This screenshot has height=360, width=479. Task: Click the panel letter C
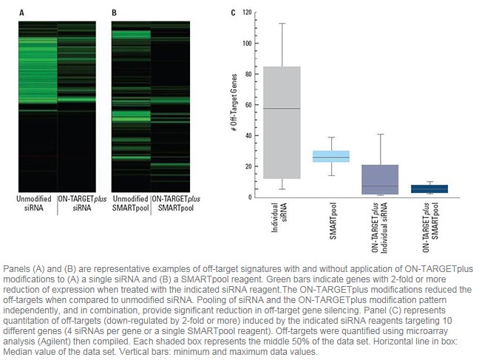tap(234, 13)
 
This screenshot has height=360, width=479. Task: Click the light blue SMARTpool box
tap(331, 156)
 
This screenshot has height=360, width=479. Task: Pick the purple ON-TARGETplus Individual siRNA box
tap(381, 180)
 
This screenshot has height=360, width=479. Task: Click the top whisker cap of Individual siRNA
tap(281, 23)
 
